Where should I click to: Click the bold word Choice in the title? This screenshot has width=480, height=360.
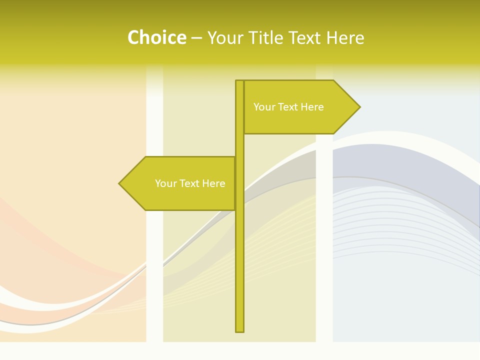click(x=157, y=38)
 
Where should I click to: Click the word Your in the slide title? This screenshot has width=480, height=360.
click(x=225, y=38)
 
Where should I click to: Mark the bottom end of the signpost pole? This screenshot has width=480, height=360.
click(x=239, y=330)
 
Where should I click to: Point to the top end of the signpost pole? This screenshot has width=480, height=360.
click(x=239, y=81)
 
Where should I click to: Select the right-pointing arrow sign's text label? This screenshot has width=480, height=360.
click(x=288, y=107)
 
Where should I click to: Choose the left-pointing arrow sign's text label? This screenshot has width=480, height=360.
click(x=190, y=183)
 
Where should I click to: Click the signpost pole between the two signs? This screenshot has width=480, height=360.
click(x=239, y=145)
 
